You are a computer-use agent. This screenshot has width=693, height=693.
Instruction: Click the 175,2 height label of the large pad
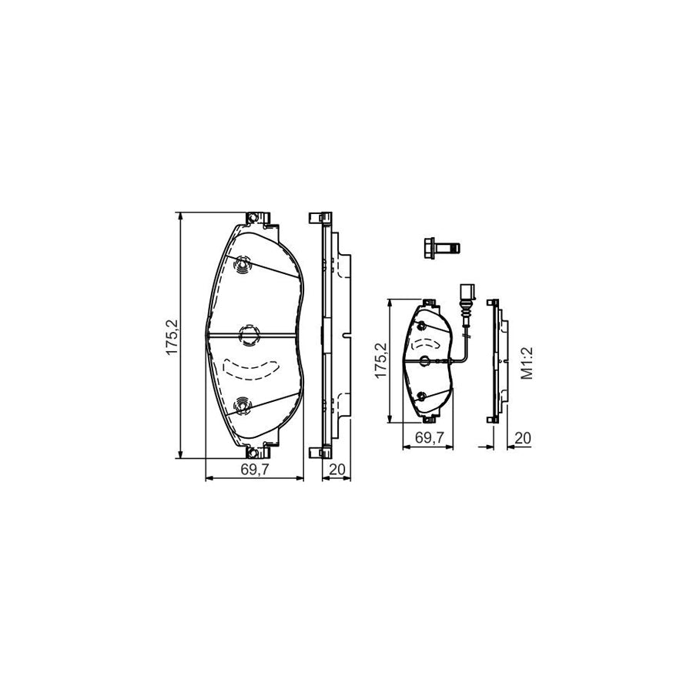coord(172,336)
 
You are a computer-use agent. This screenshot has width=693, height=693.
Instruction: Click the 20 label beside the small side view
coord(523,438)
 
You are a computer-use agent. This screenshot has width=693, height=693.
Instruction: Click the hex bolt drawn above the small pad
coord(441,247)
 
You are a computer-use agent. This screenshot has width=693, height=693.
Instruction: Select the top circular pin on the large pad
coord(243,265)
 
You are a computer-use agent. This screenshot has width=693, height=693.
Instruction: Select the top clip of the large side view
coord(320,217)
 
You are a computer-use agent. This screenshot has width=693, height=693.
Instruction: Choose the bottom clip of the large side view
coord(320,452)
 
